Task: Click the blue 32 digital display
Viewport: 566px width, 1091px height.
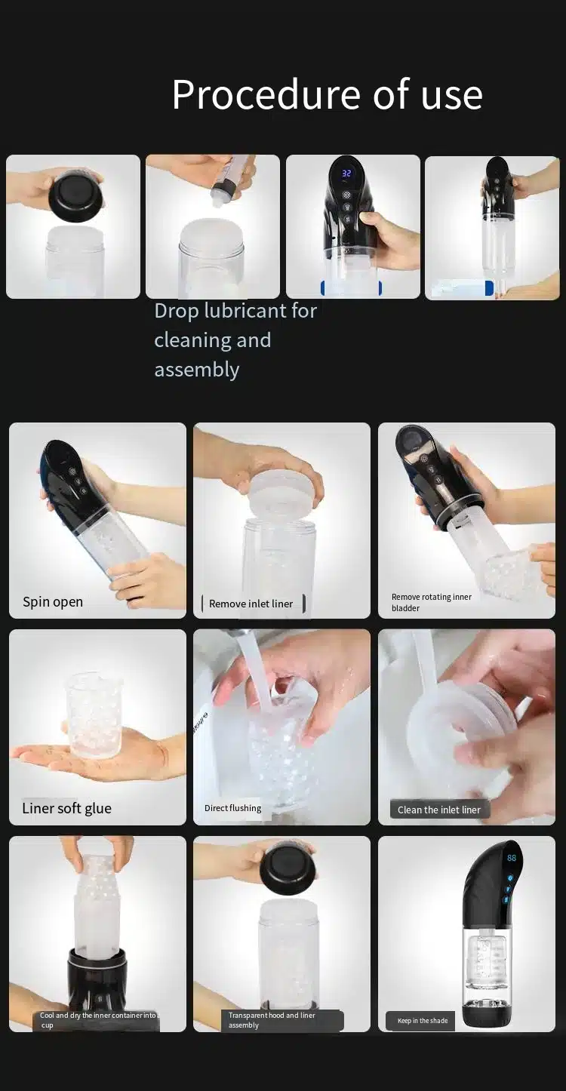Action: point(346,174)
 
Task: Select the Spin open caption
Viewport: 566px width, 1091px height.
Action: point(53,602)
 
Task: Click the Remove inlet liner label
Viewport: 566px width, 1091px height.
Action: point(251,604)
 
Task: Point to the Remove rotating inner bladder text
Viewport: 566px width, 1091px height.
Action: point(431,603)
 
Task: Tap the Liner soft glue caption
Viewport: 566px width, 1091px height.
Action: point(66,809)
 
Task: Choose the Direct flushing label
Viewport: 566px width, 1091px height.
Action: point(233,808)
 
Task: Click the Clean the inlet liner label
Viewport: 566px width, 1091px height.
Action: point(439,810)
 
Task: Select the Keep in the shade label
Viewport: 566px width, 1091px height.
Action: point(423,1020)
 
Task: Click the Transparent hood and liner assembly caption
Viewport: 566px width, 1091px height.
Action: point(272,1020)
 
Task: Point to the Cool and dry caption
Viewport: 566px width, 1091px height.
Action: point(97,1020)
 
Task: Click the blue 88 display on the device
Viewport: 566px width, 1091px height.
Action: point(512,858)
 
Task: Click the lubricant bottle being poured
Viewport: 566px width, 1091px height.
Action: point(230,180)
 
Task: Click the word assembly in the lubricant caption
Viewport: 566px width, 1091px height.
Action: point(197,370)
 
